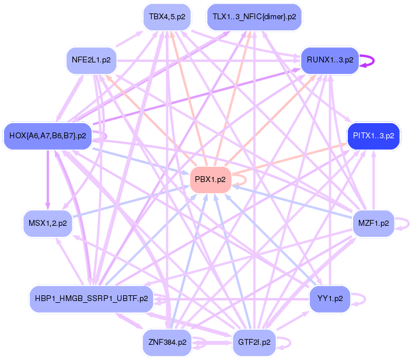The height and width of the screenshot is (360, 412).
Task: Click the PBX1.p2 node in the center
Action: tap(211, 180)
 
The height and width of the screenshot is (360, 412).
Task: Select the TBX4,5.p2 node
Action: tap(167, 16)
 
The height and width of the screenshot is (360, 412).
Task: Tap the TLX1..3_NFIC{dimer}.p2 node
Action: tap(254, 16)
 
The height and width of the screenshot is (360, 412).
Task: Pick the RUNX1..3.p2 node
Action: tap(329, 60)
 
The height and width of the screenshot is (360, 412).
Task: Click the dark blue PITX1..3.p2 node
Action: tap(373, 136)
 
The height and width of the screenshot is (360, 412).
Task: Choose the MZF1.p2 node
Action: tap(374, 223)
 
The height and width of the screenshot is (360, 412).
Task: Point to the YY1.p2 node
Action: tap(330, 298)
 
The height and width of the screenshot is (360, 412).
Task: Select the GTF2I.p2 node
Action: tap(254, 342)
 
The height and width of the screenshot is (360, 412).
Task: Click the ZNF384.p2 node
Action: tap(167, 342)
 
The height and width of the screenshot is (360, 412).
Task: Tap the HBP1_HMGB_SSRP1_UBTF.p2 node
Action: tap(91, 299)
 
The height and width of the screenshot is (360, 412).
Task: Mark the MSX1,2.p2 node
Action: tap(48, 223)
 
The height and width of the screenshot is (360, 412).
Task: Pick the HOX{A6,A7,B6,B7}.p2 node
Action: tap(48, 136)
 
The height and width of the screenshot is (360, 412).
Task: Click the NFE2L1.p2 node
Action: tap(91, 60)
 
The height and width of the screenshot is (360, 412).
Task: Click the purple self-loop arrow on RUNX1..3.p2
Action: tap(368, 60)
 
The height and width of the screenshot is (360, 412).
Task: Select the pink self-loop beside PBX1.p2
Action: tap(240, 180)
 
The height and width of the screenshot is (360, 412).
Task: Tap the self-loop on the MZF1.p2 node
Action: tap(404, 223)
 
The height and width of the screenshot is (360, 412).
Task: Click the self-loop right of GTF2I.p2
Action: tap(287, 342)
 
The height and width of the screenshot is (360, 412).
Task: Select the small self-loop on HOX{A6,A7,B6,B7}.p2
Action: tap(103, 136)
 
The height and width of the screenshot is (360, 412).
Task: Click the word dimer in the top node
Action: tap(273, 16)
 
